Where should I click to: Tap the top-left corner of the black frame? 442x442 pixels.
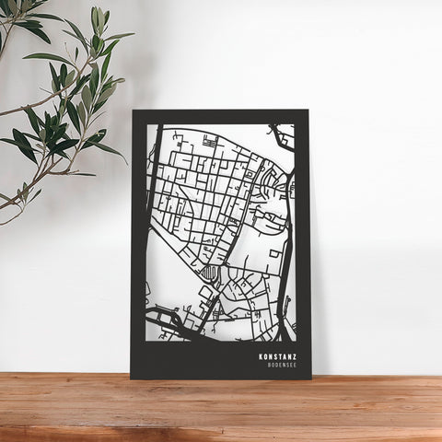tap(133, 111)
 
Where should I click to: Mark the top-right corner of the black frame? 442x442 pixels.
tap(309, 111)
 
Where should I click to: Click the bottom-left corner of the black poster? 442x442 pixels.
tap(133, 378)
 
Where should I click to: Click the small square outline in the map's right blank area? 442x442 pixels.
tap(274, 252)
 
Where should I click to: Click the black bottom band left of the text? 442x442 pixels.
tap(193, 359)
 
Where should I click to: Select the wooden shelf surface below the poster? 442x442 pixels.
tap(221, 410)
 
